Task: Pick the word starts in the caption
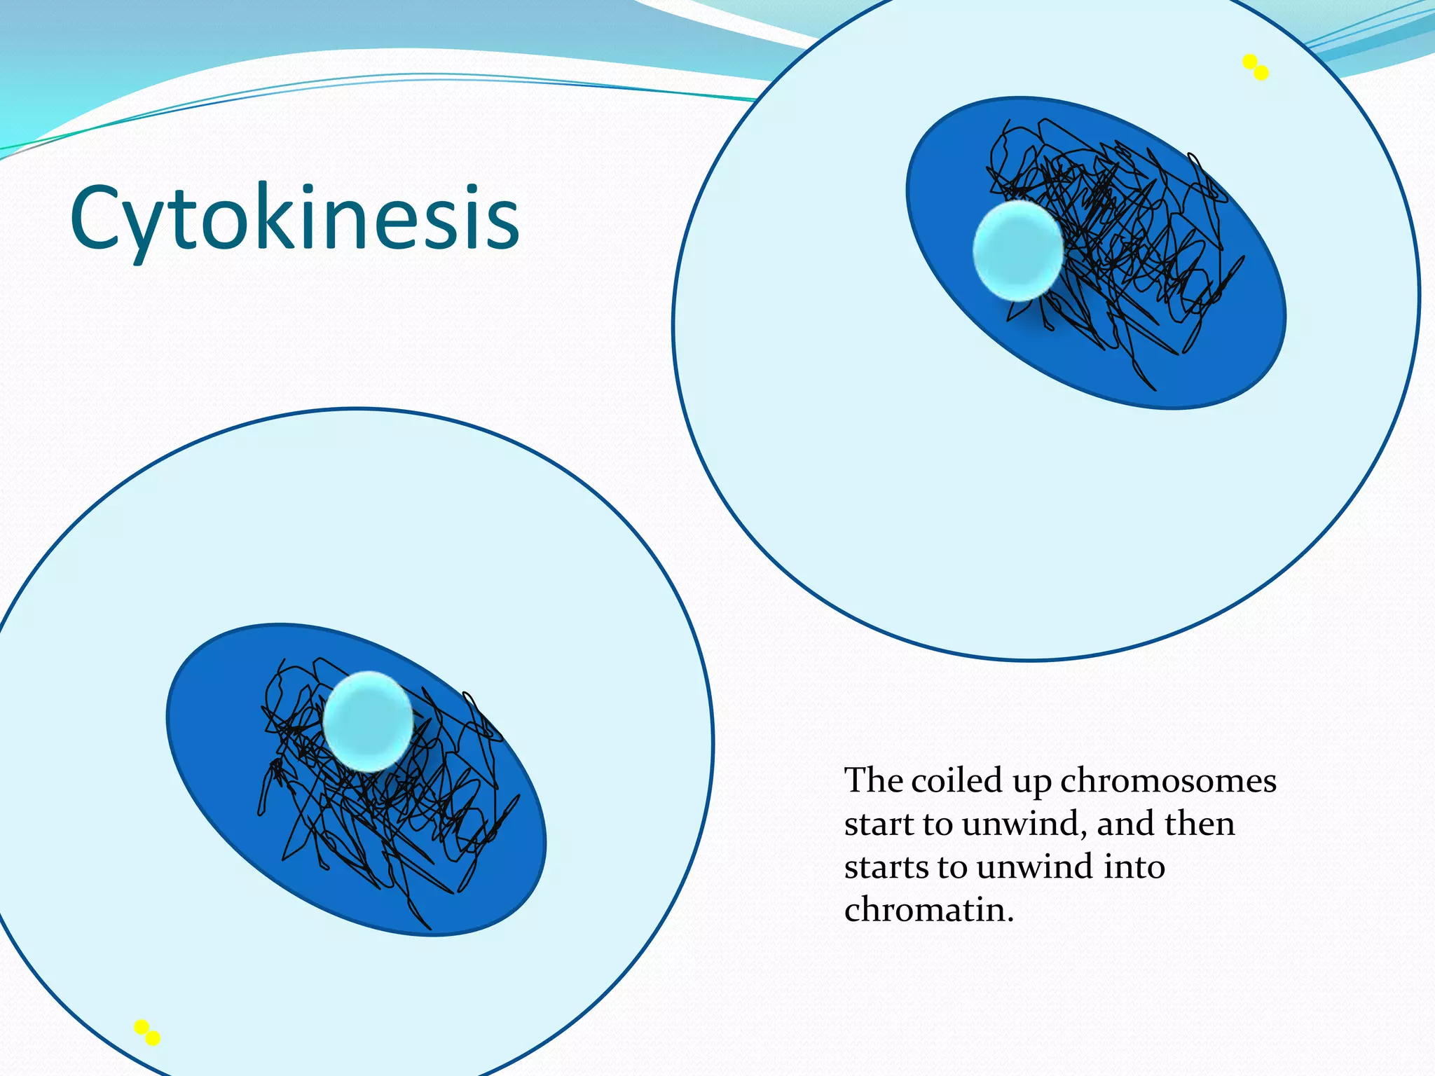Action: point(886,867)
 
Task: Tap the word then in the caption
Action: point(1200,824)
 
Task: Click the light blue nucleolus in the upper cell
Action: point(1017,250)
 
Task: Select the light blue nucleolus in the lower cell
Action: point(368,722)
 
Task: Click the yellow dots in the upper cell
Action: point(1255,67)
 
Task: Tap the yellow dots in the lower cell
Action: point(147,1033)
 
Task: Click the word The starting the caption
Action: point(873,780)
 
